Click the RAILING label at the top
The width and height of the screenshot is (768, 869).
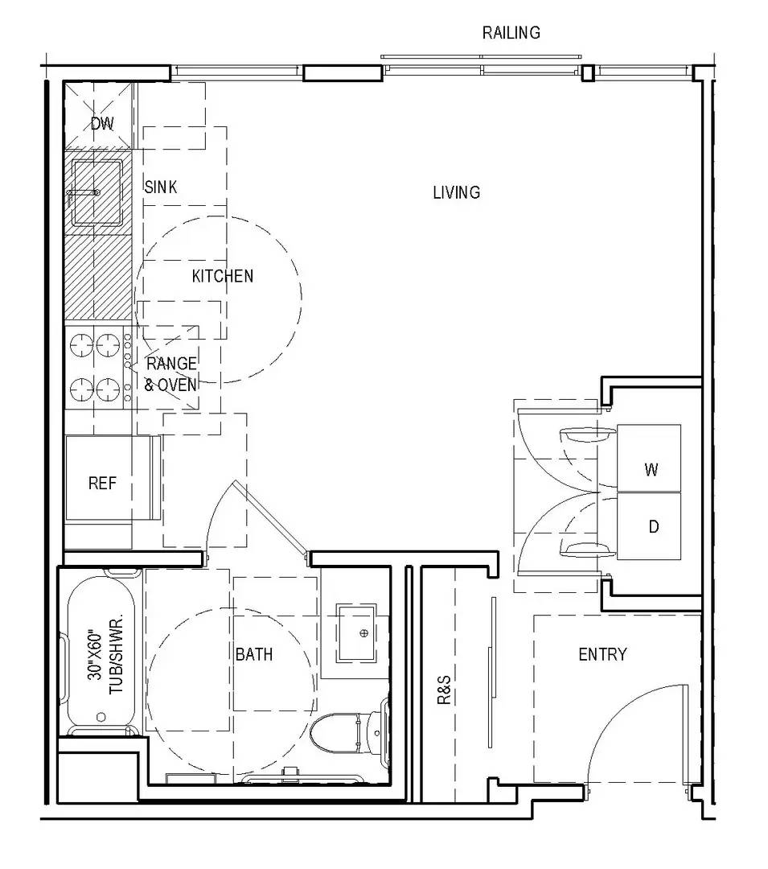point(511,33)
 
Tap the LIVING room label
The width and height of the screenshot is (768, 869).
point(456,192)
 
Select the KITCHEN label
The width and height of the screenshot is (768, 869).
point(223,276)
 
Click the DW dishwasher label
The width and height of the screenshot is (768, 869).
point(102,123)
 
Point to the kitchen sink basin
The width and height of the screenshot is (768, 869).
point(97,192)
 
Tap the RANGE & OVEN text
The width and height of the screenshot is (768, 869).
point(171,374)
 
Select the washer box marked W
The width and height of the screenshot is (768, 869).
point(649,458)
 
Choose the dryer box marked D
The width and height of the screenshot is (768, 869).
point(649,526)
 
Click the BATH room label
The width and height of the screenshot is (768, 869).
point(254,654)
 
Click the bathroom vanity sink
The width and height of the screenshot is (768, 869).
point(357,633)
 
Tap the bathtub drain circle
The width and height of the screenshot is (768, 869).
point(101,717)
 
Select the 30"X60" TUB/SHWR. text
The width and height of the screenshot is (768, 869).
point(105,653)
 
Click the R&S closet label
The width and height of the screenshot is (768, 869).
point(444,690)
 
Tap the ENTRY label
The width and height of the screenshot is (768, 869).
point(602,654)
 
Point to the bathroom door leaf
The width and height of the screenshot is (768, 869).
point(271,517)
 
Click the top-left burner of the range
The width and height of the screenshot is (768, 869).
point(81,345)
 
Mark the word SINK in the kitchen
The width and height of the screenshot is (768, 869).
point(161,187)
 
